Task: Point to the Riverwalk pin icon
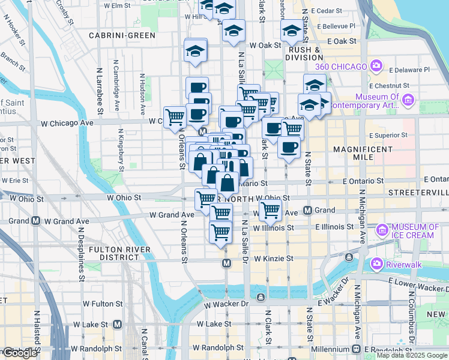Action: tap(377, 263)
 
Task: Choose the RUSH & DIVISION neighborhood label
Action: tap(305, 53)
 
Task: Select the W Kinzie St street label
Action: tap(273, 259)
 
